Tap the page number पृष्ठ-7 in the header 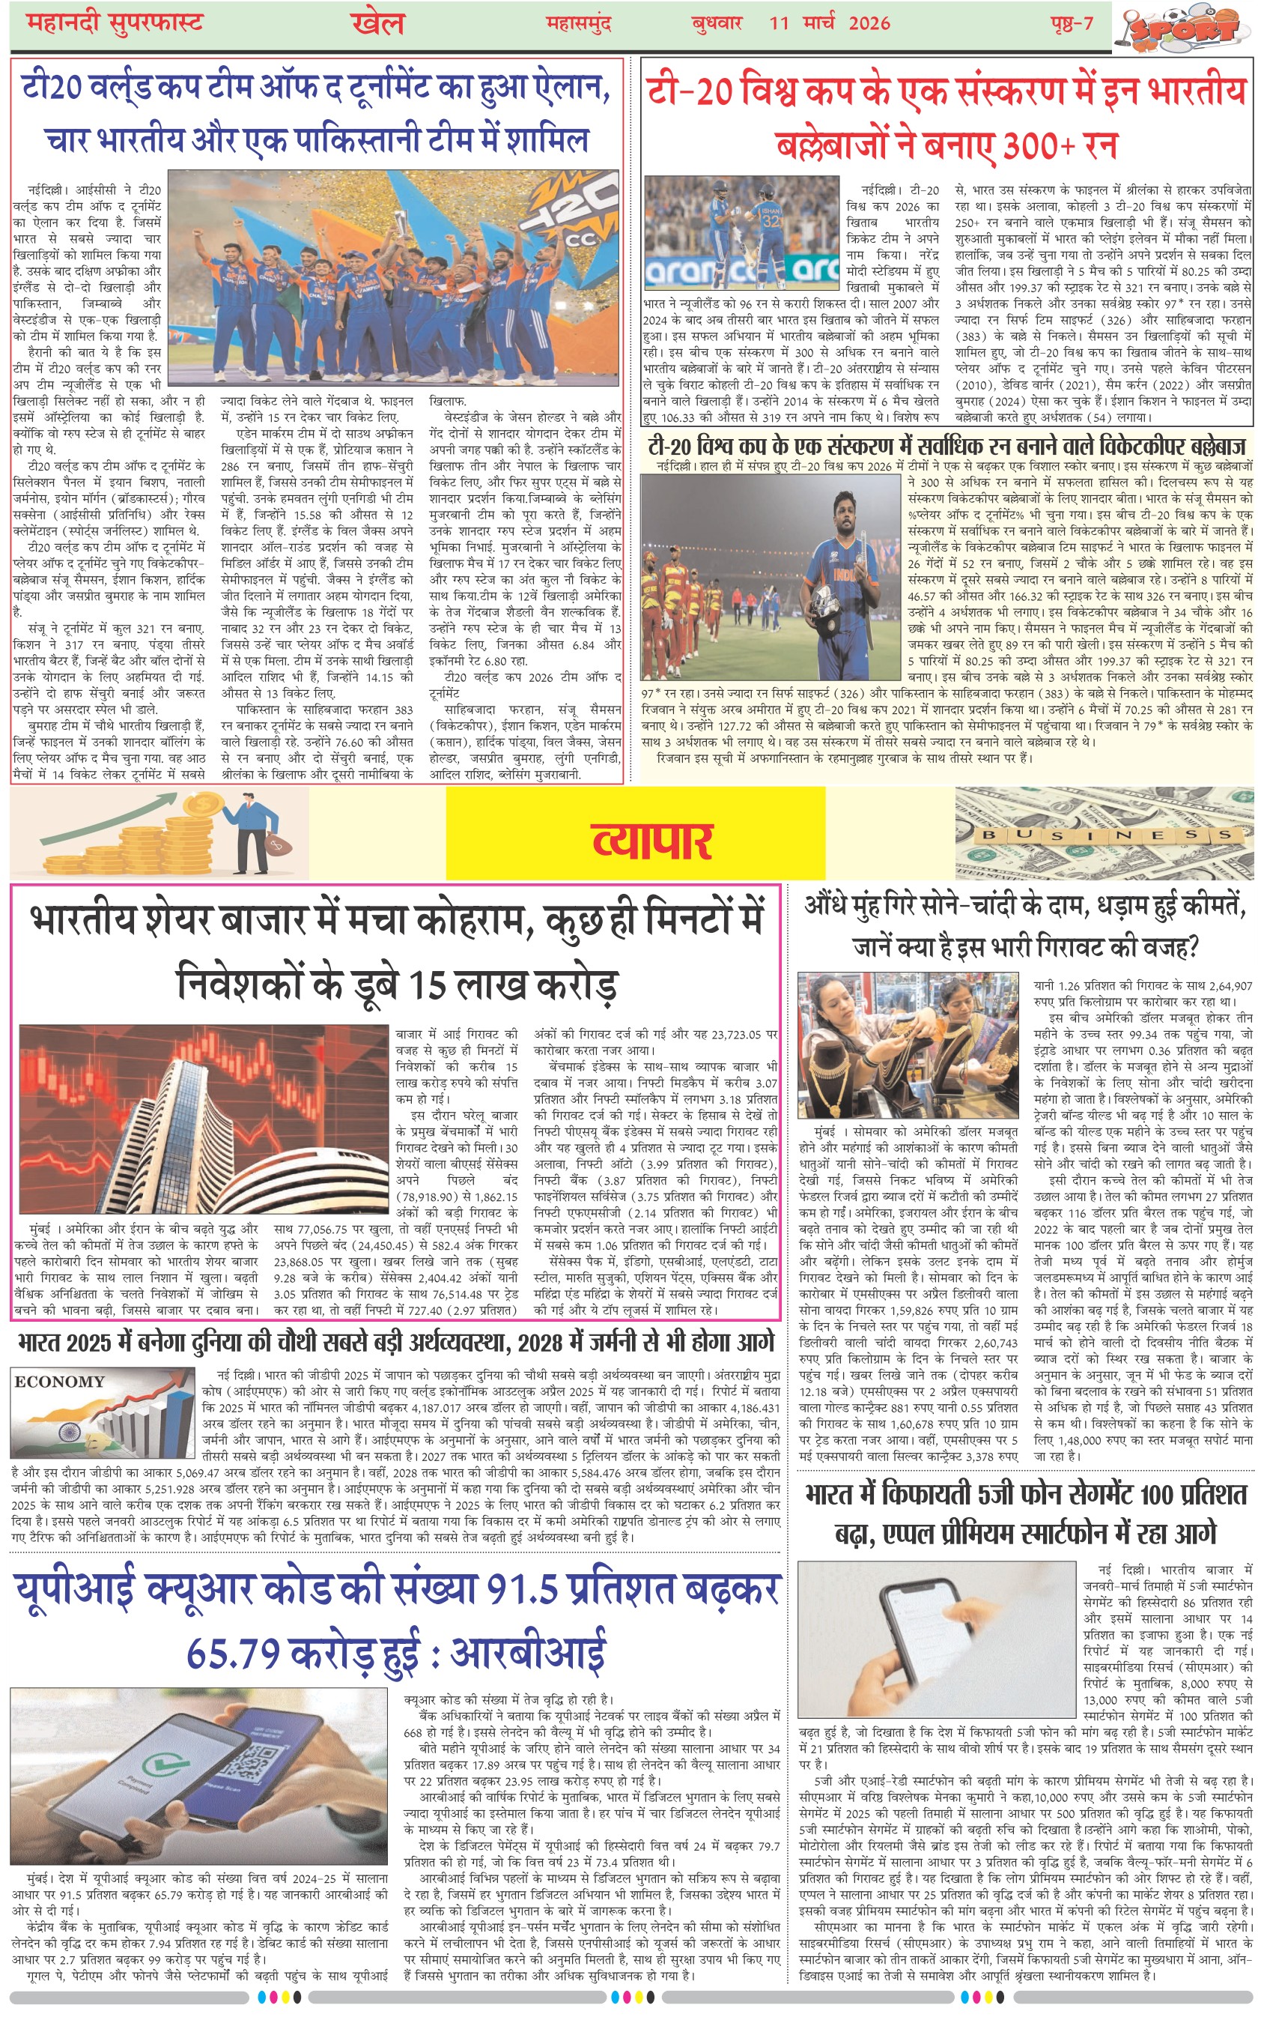[x=1072, y=22]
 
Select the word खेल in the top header [x=378, y=23]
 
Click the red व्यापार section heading [x=652, y=840]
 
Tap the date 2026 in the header [x=869, y=22]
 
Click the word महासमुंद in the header [x=579, y=23]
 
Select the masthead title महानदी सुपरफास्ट [x=115, y=22]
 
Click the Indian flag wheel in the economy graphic [x=70, y=1432]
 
